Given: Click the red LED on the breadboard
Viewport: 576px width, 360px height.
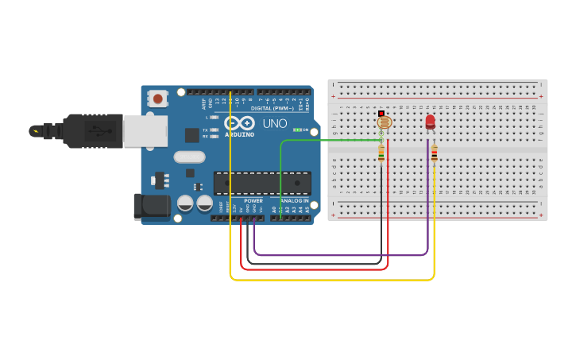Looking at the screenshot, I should tap(430, 122).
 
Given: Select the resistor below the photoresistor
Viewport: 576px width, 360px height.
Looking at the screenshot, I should tap(381, 153).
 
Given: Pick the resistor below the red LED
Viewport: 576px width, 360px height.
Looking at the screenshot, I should tap(434, 153).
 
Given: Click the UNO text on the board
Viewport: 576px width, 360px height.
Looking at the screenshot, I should tap(275, 123).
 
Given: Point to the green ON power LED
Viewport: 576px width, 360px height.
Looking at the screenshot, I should tap(296, 130).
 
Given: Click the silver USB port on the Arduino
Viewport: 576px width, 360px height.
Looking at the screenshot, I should tap(145, 131).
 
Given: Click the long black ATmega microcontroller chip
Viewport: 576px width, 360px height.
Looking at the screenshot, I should tap(262, 183).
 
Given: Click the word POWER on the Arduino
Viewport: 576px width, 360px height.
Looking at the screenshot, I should tap(253, 201).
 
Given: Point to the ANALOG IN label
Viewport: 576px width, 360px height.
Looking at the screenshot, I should tap(294, 201).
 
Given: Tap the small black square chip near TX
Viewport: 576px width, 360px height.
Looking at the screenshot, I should tap(192, 135).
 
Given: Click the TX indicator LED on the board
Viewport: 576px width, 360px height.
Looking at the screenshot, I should tap(214, 130).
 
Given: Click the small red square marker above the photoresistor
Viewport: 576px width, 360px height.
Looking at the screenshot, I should tap(381, 114).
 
